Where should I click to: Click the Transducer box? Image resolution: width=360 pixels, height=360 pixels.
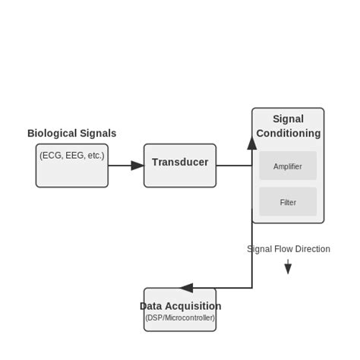click(180, 166)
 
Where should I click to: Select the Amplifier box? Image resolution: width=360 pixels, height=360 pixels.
click(288, 166)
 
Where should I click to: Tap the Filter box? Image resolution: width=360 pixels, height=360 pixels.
click(288, 203)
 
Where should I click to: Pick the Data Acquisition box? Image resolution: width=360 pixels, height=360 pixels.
click(180, 310)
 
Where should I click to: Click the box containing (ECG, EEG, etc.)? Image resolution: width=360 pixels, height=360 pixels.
click(72, 166)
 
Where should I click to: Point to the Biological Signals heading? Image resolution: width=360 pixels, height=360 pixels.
click(72, 134)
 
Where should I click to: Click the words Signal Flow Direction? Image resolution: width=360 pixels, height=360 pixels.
click(289, 249)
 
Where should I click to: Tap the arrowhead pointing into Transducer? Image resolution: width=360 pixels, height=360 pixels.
click(137, 166)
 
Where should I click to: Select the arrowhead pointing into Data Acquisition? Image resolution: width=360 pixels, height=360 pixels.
click(186, 288)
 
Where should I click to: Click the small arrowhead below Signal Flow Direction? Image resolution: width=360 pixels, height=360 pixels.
click(288, 268)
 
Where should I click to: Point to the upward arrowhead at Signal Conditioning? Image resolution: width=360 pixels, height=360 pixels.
click(252, 143)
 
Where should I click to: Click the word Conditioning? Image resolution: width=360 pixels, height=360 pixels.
click(289, 134)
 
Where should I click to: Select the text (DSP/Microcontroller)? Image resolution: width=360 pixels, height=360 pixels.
click(180, 317)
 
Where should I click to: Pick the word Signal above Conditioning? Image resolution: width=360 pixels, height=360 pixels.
click(289, 119)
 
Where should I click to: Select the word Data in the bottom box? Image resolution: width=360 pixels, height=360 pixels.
click(150, 306)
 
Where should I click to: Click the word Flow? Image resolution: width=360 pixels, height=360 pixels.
click(282, 249)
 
